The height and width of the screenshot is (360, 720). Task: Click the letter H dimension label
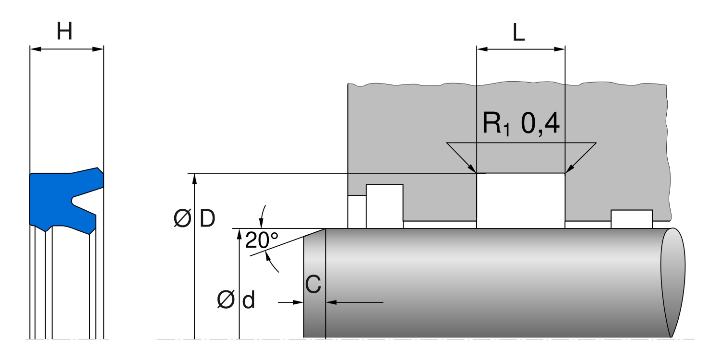[65, 32]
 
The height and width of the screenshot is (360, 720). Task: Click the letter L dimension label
[518, 32]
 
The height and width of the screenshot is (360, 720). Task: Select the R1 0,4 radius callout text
[521, 124]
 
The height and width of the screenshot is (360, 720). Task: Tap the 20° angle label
[262, 240]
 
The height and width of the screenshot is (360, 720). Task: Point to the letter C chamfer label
[313, 285]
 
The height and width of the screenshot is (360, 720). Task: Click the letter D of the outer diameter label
[207, 219]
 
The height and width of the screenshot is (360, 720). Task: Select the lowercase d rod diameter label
[248, 301]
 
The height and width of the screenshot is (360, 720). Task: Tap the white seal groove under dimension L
[521, 200]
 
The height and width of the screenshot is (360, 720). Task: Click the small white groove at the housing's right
[631, 219]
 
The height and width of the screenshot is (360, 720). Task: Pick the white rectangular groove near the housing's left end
[384, 205]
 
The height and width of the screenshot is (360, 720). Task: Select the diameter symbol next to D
[183, 219]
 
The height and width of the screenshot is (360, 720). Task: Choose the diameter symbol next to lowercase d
[226, 301]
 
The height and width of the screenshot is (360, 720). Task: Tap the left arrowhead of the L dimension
[481, 49]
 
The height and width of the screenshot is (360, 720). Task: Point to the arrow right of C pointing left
[332, 302]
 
